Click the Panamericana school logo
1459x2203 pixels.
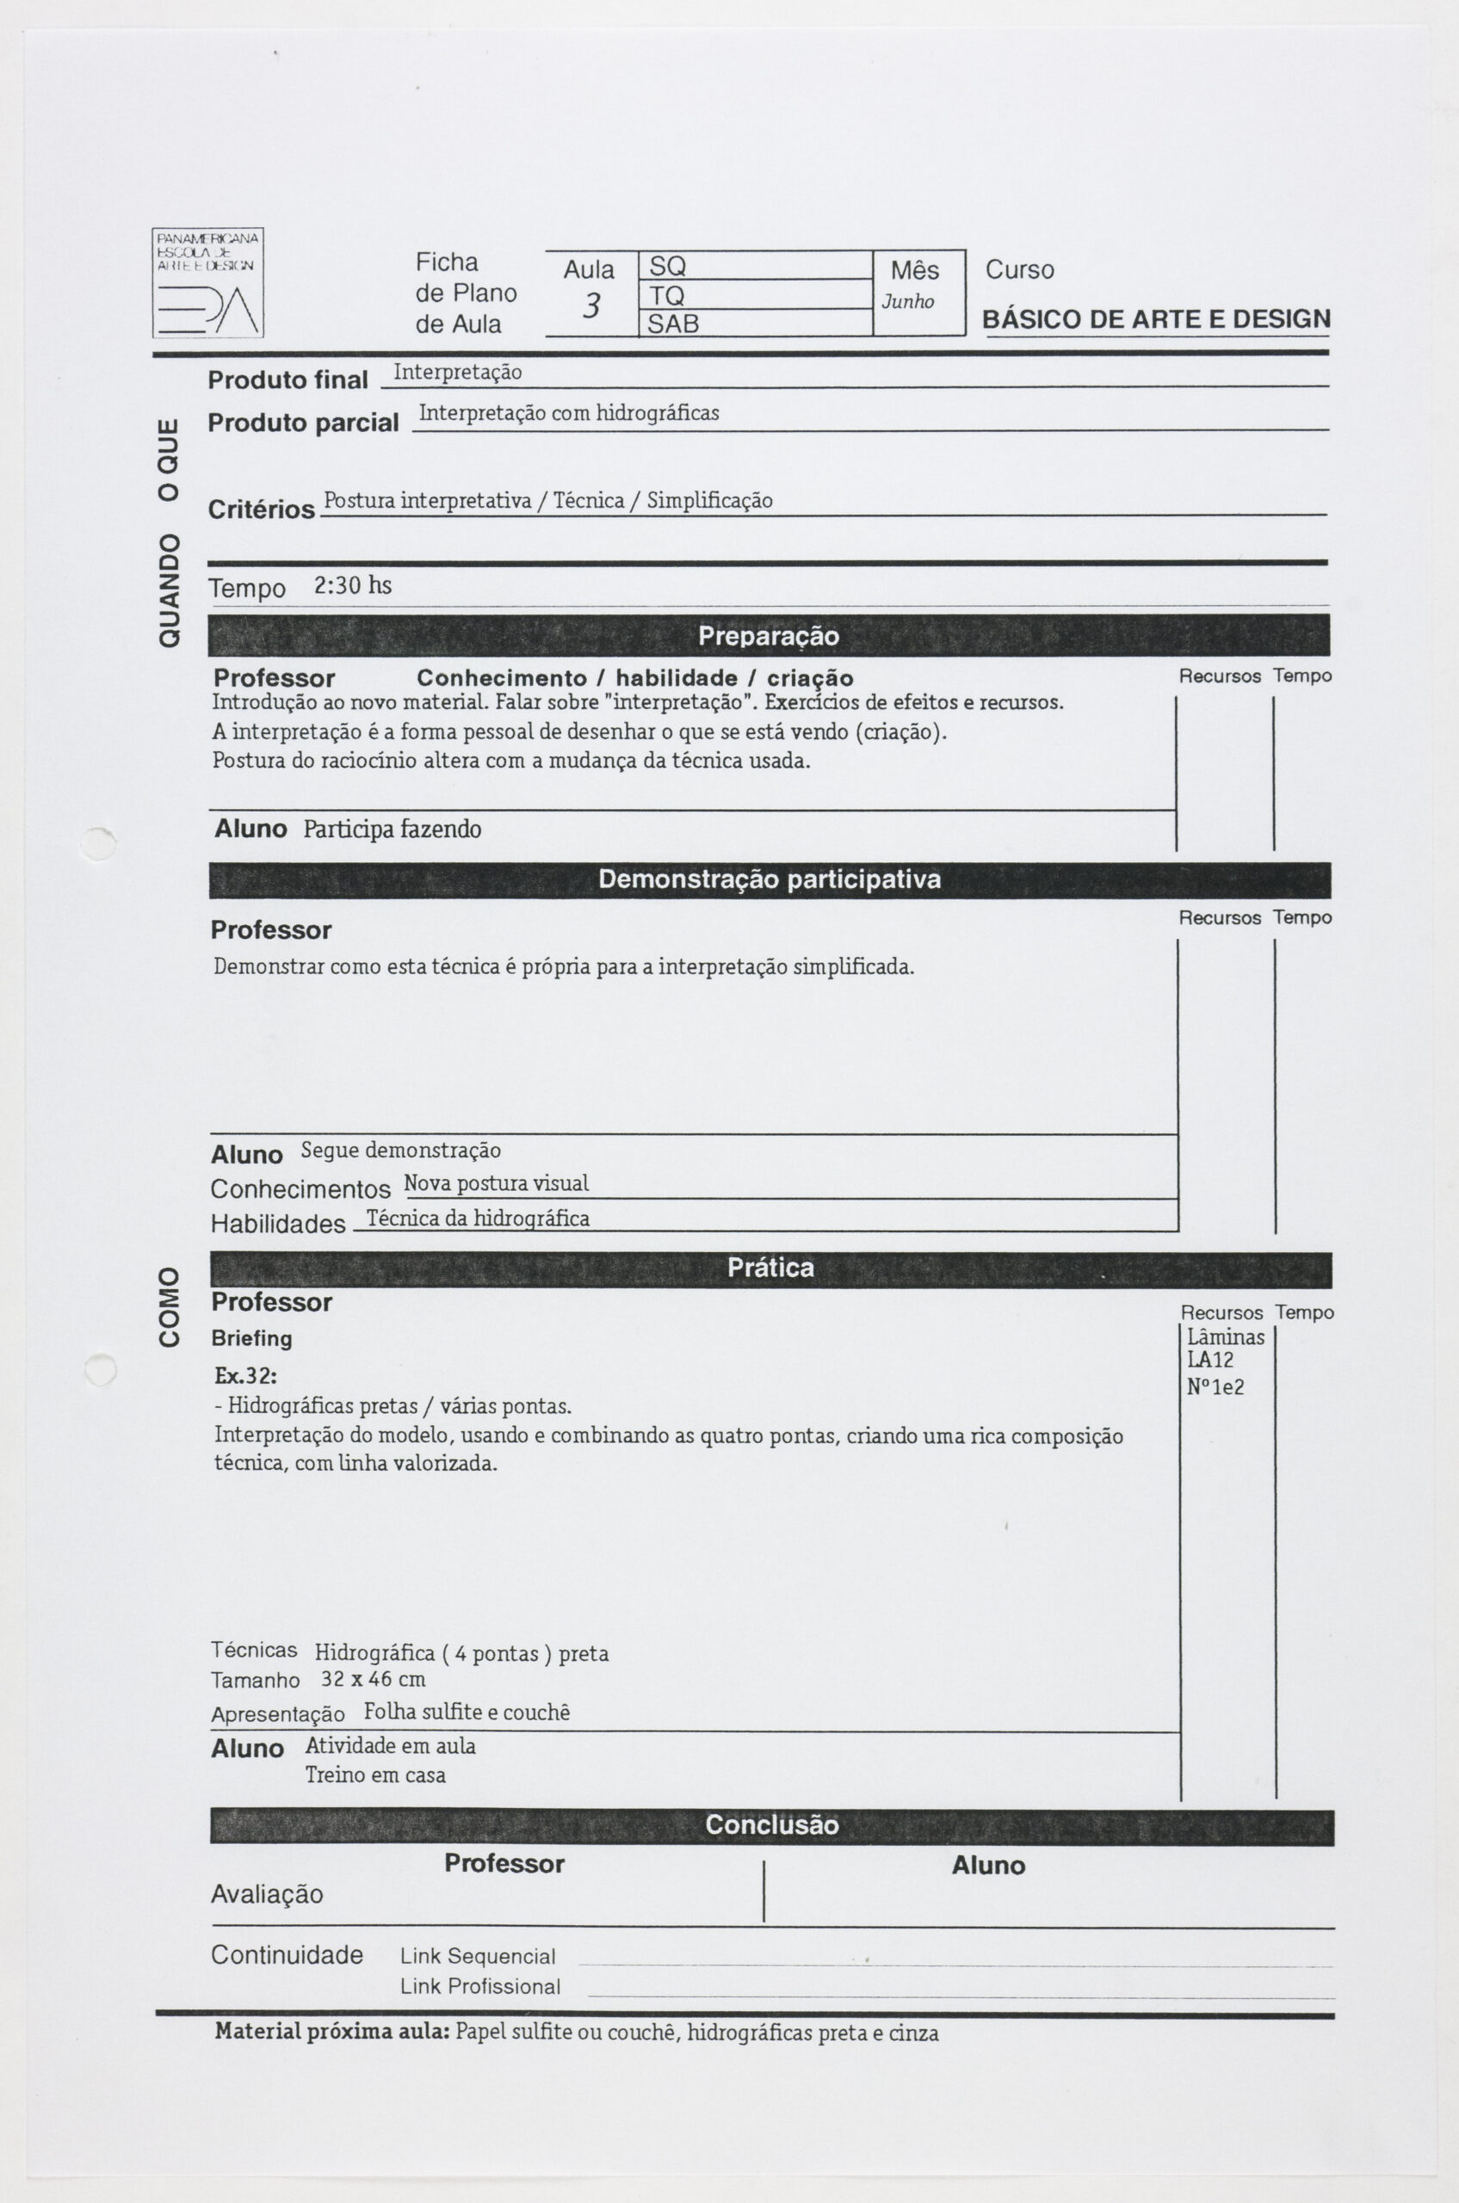[207, 283]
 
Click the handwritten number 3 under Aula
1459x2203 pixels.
[590, 306]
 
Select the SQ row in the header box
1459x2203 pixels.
[755, 266]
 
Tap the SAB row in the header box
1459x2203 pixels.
[755, 324]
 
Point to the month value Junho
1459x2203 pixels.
[907, 301]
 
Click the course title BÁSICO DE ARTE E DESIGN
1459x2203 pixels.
[1156, 319]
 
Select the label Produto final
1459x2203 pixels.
[287, 380]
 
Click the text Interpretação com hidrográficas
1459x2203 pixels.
[568, 413]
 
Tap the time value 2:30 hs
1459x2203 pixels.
[353, 585]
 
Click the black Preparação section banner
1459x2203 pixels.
[769, 636]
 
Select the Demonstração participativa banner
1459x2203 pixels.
[769, 880]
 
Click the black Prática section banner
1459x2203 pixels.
[770, 1268]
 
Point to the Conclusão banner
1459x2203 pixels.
[771, 1825]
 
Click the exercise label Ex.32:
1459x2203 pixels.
[245, 1376]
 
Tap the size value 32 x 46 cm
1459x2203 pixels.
[373, 1679]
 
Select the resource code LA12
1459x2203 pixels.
[1209, 1361]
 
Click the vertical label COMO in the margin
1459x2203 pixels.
[170, 1306]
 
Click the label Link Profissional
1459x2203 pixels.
[480, 1986]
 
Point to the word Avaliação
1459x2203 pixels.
[267, 1894]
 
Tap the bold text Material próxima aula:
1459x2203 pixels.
[332, 2032]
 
